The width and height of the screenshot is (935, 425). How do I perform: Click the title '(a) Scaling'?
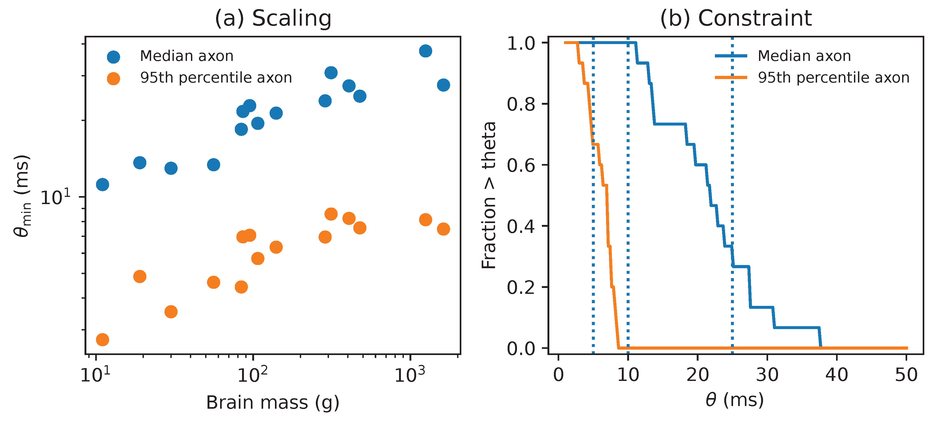point(273,18)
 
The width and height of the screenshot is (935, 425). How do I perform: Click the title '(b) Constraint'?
point(735,18)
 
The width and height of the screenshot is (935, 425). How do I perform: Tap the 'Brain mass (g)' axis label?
point(273,403)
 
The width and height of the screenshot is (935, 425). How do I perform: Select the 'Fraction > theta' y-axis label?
point(489,196)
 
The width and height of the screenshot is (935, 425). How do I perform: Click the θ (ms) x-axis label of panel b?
point(735,400)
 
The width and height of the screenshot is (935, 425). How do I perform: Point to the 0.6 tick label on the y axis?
point(521,165)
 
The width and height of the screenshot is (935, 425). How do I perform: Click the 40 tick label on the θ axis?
point(836,374)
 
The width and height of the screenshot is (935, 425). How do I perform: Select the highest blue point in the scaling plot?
point(426,51)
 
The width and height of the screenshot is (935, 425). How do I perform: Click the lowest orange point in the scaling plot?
point(102,340)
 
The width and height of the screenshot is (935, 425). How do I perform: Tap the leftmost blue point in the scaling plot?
point(102,185)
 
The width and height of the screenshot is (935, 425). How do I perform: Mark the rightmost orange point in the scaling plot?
point(443,229)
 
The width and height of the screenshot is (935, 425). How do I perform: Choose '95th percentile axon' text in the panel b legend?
point(833,78)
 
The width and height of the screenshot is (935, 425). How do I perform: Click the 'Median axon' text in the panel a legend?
point(187,56)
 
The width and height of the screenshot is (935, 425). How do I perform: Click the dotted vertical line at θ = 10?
point(628,218)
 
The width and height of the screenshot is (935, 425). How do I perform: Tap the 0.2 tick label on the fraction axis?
point(521,288)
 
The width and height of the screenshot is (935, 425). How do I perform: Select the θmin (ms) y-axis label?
point(22,196)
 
